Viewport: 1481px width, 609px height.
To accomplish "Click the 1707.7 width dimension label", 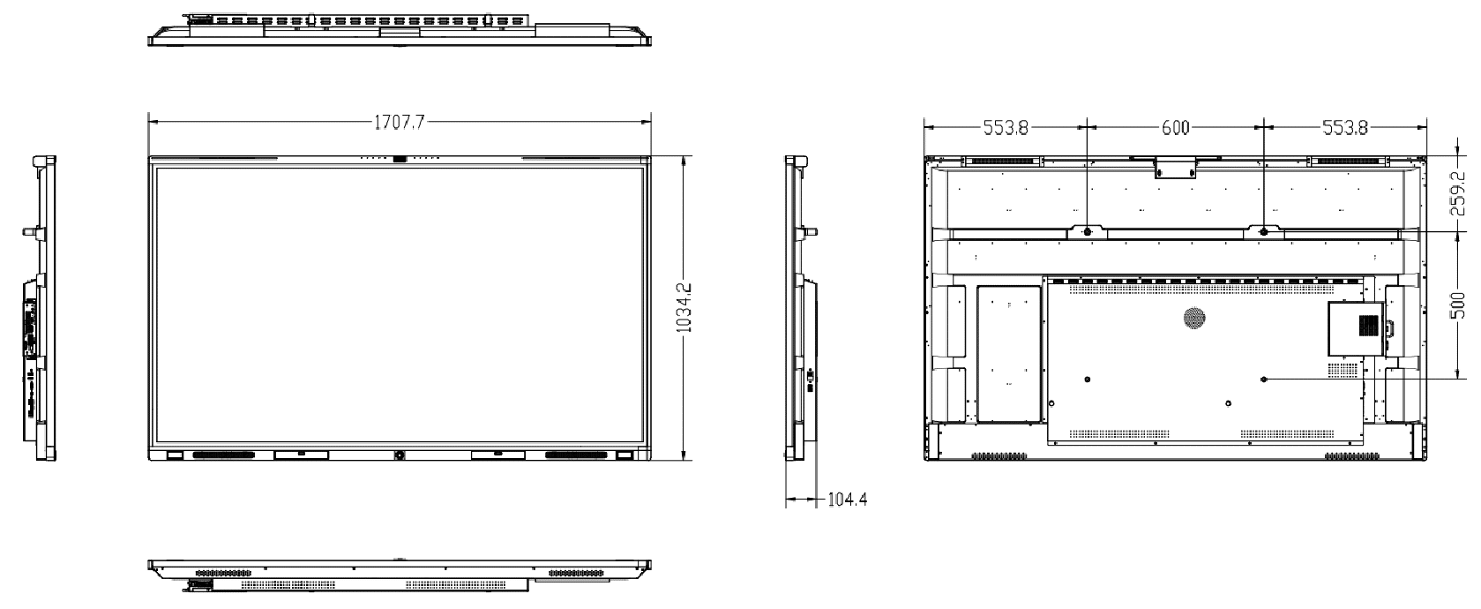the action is point(400,123).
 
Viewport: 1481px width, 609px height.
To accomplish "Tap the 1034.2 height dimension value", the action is point(684,308).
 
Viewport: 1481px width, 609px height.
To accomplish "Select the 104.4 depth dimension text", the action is point(847,500).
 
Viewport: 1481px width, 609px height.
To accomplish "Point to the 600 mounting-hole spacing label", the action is point(1176,128).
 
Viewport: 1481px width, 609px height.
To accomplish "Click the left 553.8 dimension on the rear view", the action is point(1006,128).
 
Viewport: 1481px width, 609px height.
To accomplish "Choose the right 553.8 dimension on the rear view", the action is point(1345,128).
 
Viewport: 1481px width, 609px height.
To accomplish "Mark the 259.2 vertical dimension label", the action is point(1457,194).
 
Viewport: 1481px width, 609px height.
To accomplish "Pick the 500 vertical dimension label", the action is point(1457,305).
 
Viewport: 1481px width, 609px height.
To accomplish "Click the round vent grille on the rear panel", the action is point(1194,318).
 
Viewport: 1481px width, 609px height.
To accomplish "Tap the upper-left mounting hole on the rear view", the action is point(1087,232).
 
